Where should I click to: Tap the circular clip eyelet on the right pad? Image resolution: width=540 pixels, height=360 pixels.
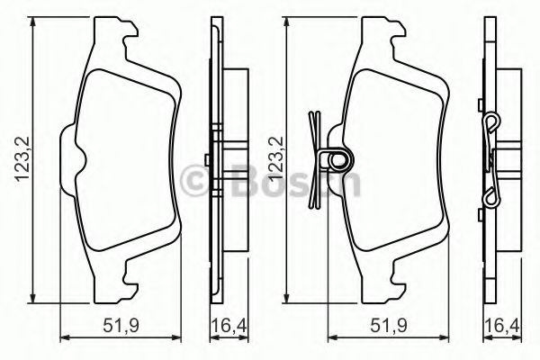click(x=339, y=162)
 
